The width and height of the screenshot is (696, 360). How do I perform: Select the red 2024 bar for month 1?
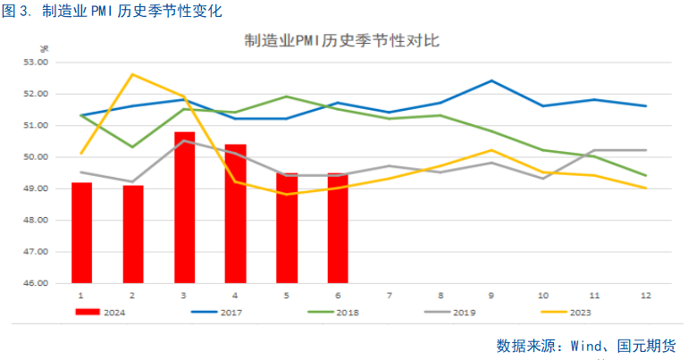[81, 232]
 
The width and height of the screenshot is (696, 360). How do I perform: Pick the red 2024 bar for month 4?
[235, 213]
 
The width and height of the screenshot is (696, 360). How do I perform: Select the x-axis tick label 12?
[646, 294]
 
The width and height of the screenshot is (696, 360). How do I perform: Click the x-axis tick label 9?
[492, 294]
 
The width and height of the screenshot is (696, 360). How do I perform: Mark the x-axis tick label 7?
[390, 294]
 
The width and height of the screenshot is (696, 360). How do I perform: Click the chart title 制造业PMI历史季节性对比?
[341, 40]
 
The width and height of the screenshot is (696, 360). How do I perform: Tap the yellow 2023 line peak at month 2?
[132, 74]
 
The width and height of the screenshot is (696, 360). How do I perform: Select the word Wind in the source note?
[592, 346]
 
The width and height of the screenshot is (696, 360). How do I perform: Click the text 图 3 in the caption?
[17, 11]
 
